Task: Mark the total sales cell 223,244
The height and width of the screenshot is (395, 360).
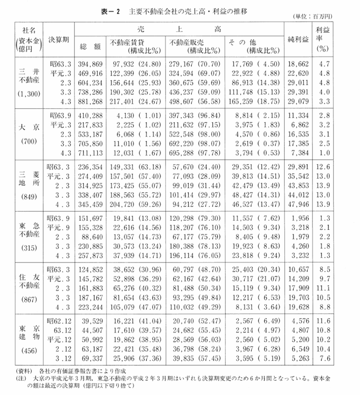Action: (88, 306)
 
